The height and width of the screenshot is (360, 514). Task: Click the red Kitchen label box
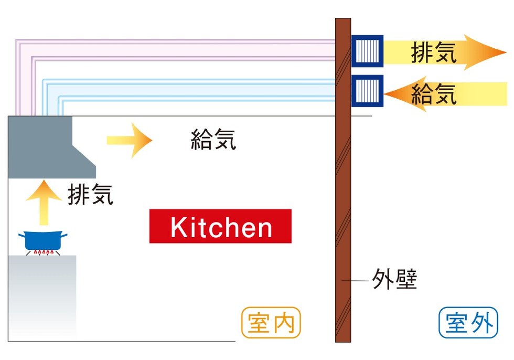[220, 226]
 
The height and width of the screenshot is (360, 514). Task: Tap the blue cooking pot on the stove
[43, 240]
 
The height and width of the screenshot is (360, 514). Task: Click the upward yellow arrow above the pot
[44, 202]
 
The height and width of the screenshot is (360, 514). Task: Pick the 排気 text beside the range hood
[90, 194]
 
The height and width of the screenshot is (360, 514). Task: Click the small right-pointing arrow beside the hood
[130, 140]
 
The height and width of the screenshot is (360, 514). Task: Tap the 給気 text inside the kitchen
[213, 140]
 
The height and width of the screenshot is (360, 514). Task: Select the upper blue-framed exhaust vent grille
[368, 51]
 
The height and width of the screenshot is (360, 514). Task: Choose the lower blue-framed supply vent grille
[368, 91]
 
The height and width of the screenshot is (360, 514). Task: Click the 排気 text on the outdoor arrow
[433, 52]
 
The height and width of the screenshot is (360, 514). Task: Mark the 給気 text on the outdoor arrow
[433, 94]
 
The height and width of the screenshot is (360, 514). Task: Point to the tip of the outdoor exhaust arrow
[507, 52]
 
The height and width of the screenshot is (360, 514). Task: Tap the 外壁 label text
[394, 279]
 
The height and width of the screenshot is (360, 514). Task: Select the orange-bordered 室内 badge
[271, 323]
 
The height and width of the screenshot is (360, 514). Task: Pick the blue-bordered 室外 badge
[468, 323]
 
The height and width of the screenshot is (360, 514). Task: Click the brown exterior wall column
[343, 181]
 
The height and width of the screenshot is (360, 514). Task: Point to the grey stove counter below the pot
[42, 297]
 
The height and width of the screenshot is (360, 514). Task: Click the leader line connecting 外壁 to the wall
[356, 281]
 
